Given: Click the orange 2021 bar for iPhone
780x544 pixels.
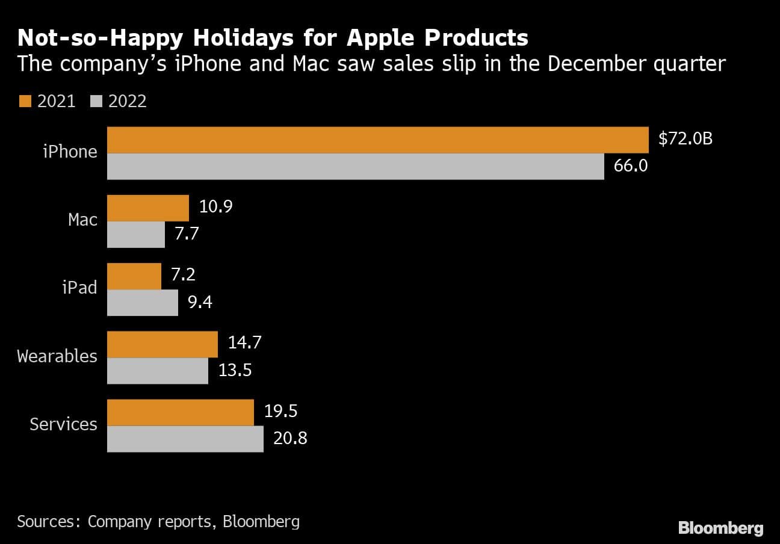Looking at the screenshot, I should click(377, 140).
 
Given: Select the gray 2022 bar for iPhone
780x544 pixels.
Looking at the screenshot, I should click(355, 166).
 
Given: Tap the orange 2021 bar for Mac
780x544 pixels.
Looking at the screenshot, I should click(148, 208).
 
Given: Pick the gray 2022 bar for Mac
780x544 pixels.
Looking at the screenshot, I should click(136, 235).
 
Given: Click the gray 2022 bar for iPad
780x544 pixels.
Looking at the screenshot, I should click(143, 303).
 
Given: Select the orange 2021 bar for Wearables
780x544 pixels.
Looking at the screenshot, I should click(162, 344).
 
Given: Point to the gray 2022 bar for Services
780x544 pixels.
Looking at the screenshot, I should click(185, 439).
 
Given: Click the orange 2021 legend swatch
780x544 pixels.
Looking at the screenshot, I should click(24, 101).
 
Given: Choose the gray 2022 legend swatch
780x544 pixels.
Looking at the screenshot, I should click(95, 101).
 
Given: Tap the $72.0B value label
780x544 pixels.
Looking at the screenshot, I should click(686, 139).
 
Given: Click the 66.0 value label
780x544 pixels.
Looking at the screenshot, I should click(630, 165).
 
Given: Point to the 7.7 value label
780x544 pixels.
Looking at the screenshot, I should click(187, 234).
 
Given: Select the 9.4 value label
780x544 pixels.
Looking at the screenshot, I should click(200, 302).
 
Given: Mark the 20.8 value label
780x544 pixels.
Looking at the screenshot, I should click(290, 438).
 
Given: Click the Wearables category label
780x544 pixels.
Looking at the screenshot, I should click(57, 356).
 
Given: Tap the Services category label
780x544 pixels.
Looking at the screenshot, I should click(63, 424).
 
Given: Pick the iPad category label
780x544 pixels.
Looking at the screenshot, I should click(79, 288).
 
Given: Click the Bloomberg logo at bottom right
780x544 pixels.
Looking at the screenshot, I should click(720, 528).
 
